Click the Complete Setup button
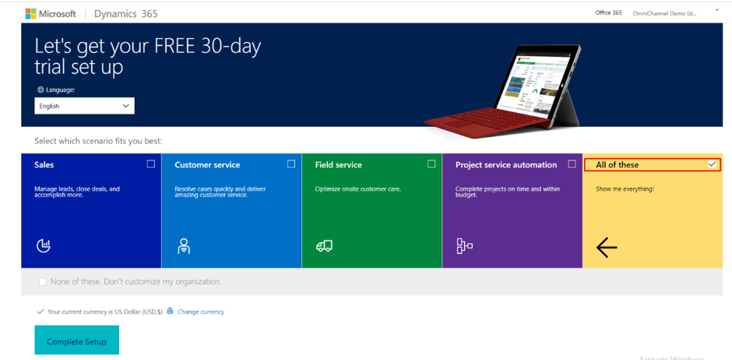point(76,341)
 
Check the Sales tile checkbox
point(151,164)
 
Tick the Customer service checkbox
point(291,164)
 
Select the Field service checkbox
point(431,164)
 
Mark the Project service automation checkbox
point(572,164)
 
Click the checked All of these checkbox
point(712,164)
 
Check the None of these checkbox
point(43,281)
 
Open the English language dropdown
point(84,106)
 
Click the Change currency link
point(201,312)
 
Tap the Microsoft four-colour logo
point(30,14)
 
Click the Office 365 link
point(608,12)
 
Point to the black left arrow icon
point(607,248)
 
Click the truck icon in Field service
point(324,246)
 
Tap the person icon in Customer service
point(184,246)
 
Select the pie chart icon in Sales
point(44,246)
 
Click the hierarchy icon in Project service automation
point(464,246)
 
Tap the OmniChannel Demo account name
point(664,13)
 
